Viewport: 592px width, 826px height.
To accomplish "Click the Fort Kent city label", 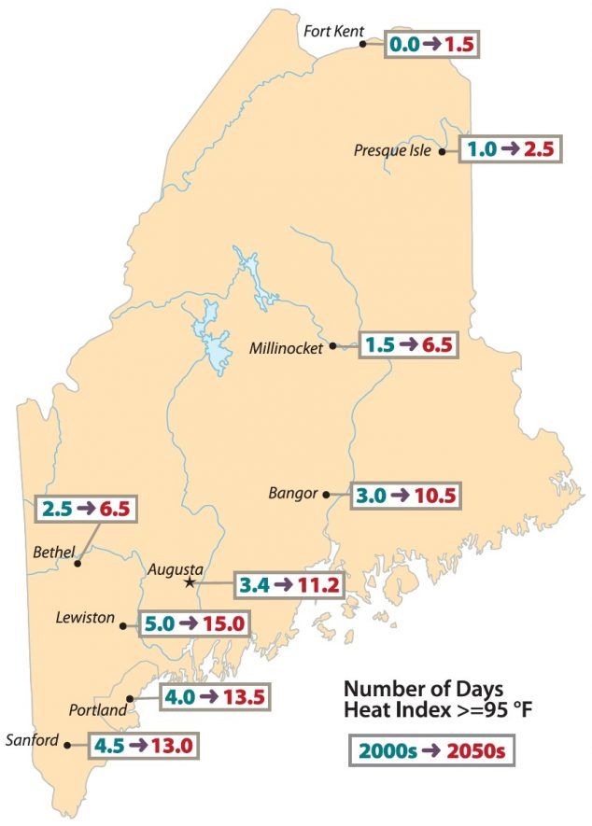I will [x=332, y=32].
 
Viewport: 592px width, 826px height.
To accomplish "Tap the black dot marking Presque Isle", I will [x=442, y=151].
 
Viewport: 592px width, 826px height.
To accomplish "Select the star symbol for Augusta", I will [x=190, y=582].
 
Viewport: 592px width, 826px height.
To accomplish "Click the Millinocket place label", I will [x=286, y=348].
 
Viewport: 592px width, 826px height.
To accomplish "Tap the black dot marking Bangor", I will [x=326, y=495].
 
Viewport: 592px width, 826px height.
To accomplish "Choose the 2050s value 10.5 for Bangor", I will [x=431, y=495].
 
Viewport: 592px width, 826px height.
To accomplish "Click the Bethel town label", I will [x=53, y=552].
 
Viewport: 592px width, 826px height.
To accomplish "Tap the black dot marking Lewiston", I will [x=123, y=626].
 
